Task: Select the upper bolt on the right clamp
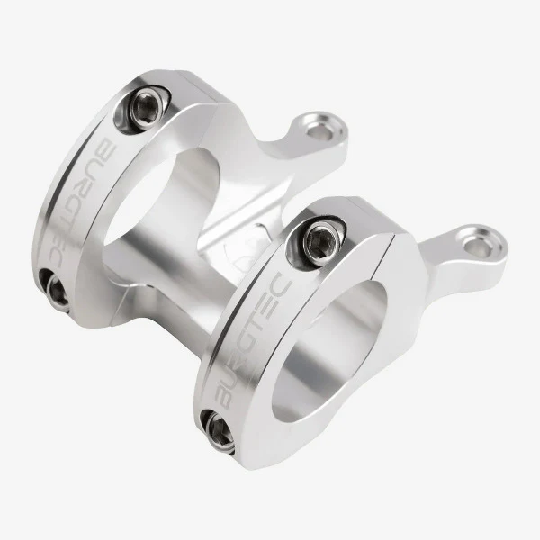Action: [320, 238]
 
